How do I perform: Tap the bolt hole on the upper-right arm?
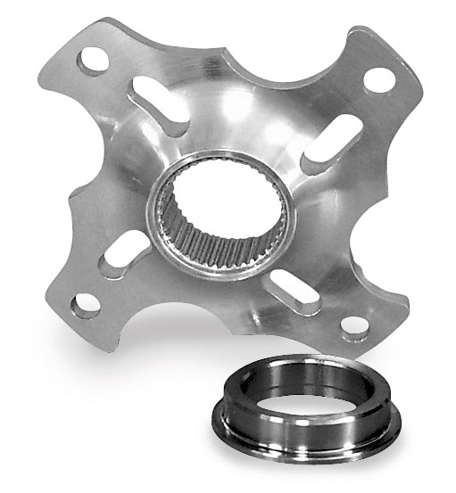(x=379, y=78)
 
